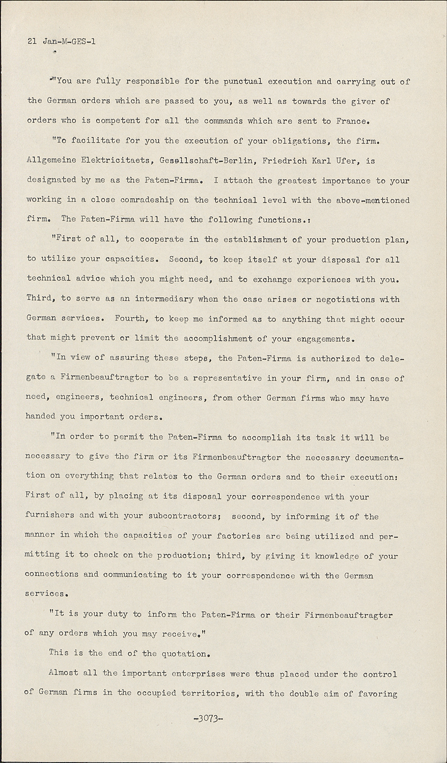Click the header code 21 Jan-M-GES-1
pyautogui.click(x=61, y=42)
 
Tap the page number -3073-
pyautogui.click(x=206, y=718)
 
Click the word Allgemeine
pyautogui.click(x=51, y=161)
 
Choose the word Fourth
pyautogui.click(x=131, y=319)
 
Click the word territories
pyautogui.click(x=208, y=693)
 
